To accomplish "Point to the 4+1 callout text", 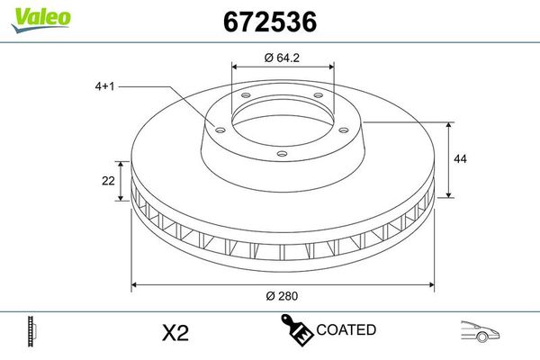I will (104, 86).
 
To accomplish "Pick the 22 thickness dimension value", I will (108, 181).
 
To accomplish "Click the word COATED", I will (346, 331).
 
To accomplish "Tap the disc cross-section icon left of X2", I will (33, 332).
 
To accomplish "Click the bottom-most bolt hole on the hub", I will (282, 154).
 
